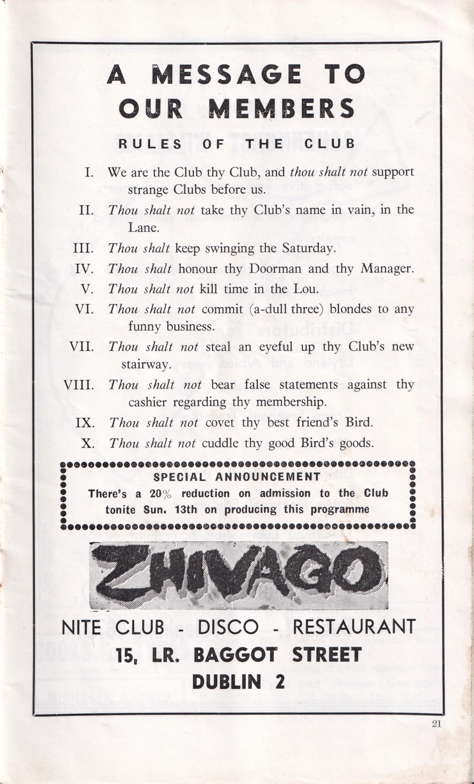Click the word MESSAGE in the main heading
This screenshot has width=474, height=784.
click(x=227, y=75)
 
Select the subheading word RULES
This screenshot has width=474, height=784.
click(x=149, y=143)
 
